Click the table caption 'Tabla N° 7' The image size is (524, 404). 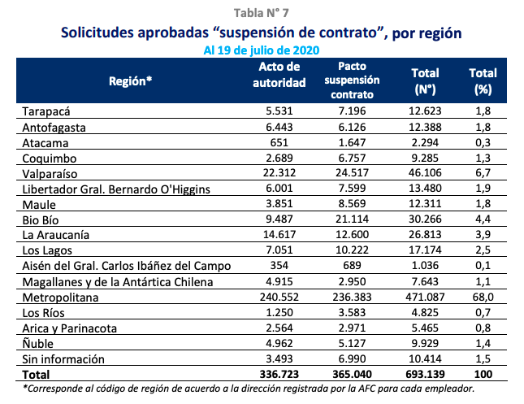point(262,11)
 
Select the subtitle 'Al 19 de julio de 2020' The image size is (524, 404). point(261,50)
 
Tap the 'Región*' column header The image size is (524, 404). point(131,80)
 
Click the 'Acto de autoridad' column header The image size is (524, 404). point(279,75)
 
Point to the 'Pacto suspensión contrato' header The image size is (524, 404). point(352,80)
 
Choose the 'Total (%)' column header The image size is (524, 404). point(483,80)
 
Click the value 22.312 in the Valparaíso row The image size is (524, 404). point(279,172)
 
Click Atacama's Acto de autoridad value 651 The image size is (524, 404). point(279,141)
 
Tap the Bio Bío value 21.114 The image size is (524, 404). point(352,219)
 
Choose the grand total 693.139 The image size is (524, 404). point(425,374)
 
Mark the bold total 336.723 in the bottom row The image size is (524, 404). point(279,374)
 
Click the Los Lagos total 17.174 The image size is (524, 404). point(425,250)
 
